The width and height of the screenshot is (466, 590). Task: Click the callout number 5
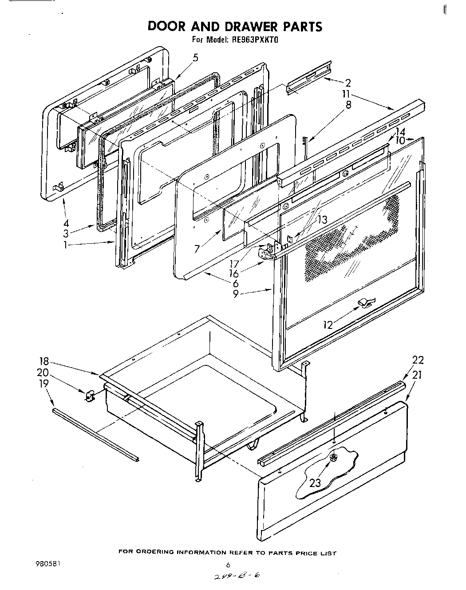coord(195,57)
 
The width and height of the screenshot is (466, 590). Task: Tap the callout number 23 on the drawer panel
coord(315,483)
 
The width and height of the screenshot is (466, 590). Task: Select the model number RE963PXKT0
coord(254,40)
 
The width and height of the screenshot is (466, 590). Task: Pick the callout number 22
coord(418,360)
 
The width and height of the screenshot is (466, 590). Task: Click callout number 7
coord(197,249)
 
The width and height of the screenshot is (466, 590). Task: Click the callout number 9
coord(236,293)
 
